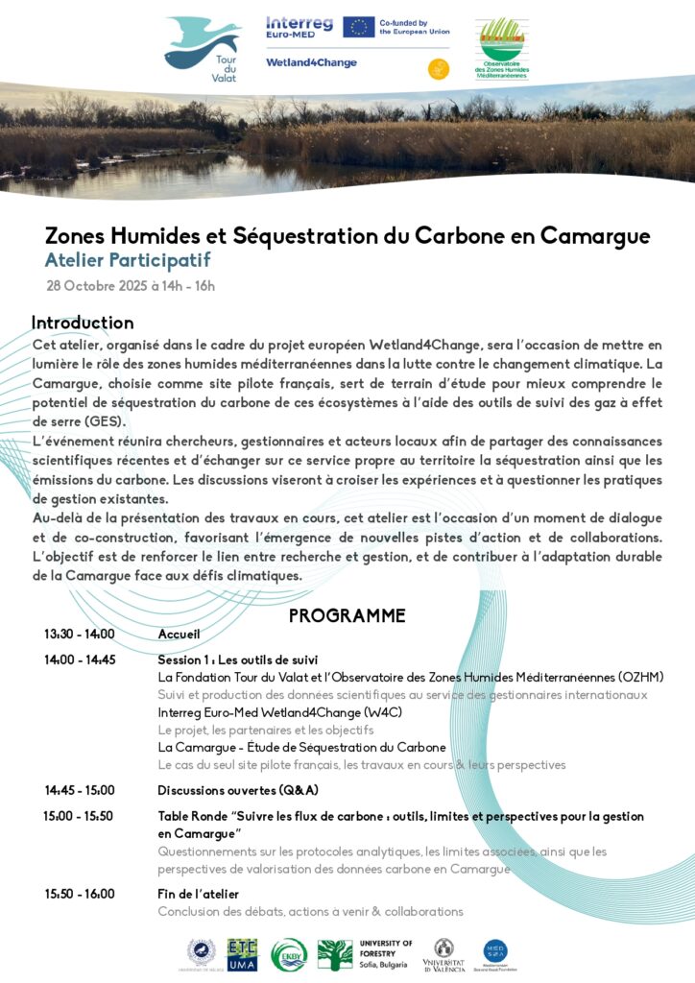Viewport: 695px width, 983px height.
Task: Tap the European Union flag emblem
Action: pos(358,27)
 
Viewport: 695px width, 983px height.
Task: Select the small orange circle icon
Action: pos(438,68)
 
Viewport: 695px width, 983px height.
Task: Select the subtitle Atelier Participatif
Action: pos(127,260)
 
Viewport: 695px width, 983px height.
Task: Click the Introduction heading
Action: pos(83,323)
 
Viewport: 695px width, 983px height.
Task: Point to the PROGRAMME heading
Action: pos(347,616)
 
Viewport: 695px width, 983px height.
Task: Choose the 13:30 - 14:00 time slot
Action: pos(79,635)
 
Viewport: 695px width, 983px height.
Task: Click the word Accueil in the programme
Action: pos(179,635)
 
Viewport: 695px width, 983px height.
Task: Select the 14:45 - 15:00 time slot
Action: pos(79,790)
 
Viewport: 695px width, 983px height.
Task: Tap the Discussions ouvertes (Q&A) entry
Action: pos(238,790)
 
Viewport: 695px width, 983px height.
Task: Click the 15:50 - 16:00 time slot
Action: pos(79,894)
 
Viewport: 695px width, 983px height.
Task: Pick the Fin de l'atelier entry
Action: pos(198,894)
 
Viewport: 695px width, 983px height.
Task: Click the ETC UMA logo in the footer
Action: pos(242,955)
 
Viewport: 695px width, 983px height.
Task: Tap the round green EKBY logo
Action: pos(289,955)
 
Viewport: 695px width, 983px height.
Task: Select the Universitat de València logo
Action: pos(443,955)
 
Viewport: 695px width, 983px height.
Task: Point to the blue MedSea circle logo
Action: pos(495,953)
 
